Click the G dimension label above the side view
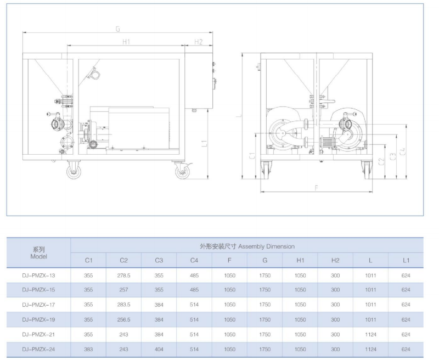click(x=118, y=29)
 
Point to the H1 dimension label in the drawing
click(x=126, y=42)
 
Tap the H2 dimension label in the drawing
click(x=198, y=42)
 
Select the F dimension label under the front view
click(x=317, y=188)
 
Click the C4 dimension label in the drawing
click(x=403, y=151)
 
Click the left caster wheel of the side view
click(x=74, y=171)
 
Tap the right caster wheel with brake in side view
click(x=183, y=171)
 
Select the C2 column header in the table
click(x=123, y=260)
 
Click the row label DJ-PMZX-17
click(x=38, y=305)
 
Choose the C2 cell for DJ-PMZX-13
click(x=123, y=275)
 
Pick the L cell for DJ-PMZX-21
click(x=370, y=334)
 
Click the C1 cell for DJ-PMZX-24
click(x=88, y=349)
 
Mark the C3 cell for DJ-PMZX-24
click(x=159, y=349)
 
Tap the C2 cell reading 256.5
click(x=123, y=319)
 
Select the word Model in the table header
click(x=38, y=256)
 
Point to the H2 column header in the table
click(x=335, y=260)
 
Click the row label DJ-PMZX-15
click(x=38, y=290)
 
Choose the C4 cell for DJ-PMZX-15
click(x=194, y=290)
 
